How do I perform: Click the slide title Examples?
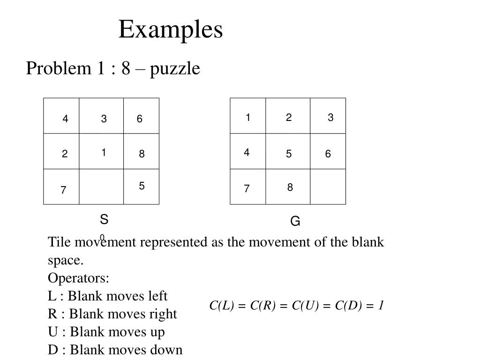coord(171,30)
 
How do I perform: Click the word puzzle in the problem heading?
coord(175,68)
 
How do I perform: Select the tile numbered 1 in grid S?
coord(101,151)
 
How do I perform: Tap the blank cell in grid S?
coord(101,187)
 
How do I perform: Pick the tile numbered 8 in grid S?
coord(142,151)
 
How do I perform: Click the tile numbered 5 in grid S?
coord(142,187)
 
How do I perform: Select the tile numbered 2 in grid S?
coord(61,151)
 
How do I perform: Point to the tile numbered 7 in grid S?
coord(61,187)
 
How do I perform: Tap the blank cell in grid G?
coord(328,187)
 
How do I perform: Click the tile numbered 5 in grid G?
coord(288,151)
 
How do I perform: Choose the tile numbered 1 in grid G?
coord(248,116)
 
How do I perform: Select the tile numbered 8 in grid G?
coord(288,187)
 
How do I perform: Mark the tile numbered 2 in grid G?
coord(288,116)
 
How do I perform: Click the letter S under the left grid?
coord(104,219)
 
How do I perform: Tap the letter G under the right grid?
coord(295,221)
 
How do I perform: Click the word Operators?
coord(78,278)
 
